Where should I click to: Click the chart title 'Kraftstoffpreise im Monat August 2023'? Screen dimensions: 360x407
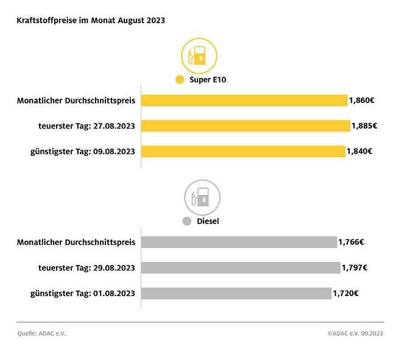tap(91, 20)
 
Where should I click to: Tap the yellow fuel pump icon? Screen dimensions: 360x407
tap(199, 55)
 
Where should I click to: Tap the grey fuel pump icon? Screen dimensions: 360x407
tap(202, 197)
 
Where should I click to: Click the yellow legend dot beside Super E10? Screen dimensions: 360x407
tap(179, 80)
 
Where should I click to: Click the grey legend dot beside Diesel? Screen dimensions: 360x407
tap(187, 221)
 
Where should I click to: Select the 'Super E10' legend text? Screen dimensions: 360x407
tap(208, 80)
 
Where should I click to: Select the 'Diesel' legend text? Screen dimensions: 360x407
tap(208, 221)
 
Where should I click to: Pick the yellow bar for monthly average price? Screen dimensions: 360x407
tap(244, 101)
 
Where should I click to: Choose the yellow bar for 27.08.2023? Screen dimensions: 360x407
tap(246, 126)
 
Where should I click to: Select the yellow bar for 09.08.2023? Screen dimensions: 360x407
tap(243, 152)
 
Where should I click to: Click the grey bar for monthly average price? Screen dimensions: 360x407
tap(239, 242)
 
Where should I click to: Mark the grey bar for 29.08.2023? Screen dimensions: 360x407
tap(241, 268)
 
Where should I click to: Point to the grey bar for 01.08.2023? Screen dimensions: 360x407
tap(236, 294)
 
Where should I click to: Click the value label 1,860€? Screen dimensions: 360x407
tap(362, 101)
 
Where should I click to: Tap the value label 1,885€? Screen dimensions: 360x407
tap(364, 126)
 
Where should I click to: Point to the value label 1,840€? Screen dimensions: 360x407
tap(359, 152)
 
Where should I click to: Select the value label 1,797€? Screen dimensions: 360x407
tap(354, 268)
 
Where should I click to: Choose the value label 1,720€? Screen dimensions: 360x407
tap(345, 294)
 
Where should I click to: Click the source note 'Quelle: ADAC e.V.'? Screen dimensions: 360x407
tap(41, 334)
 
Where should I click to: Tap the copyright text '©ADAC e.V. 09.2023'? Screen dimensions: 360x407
tap(355, 334)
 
